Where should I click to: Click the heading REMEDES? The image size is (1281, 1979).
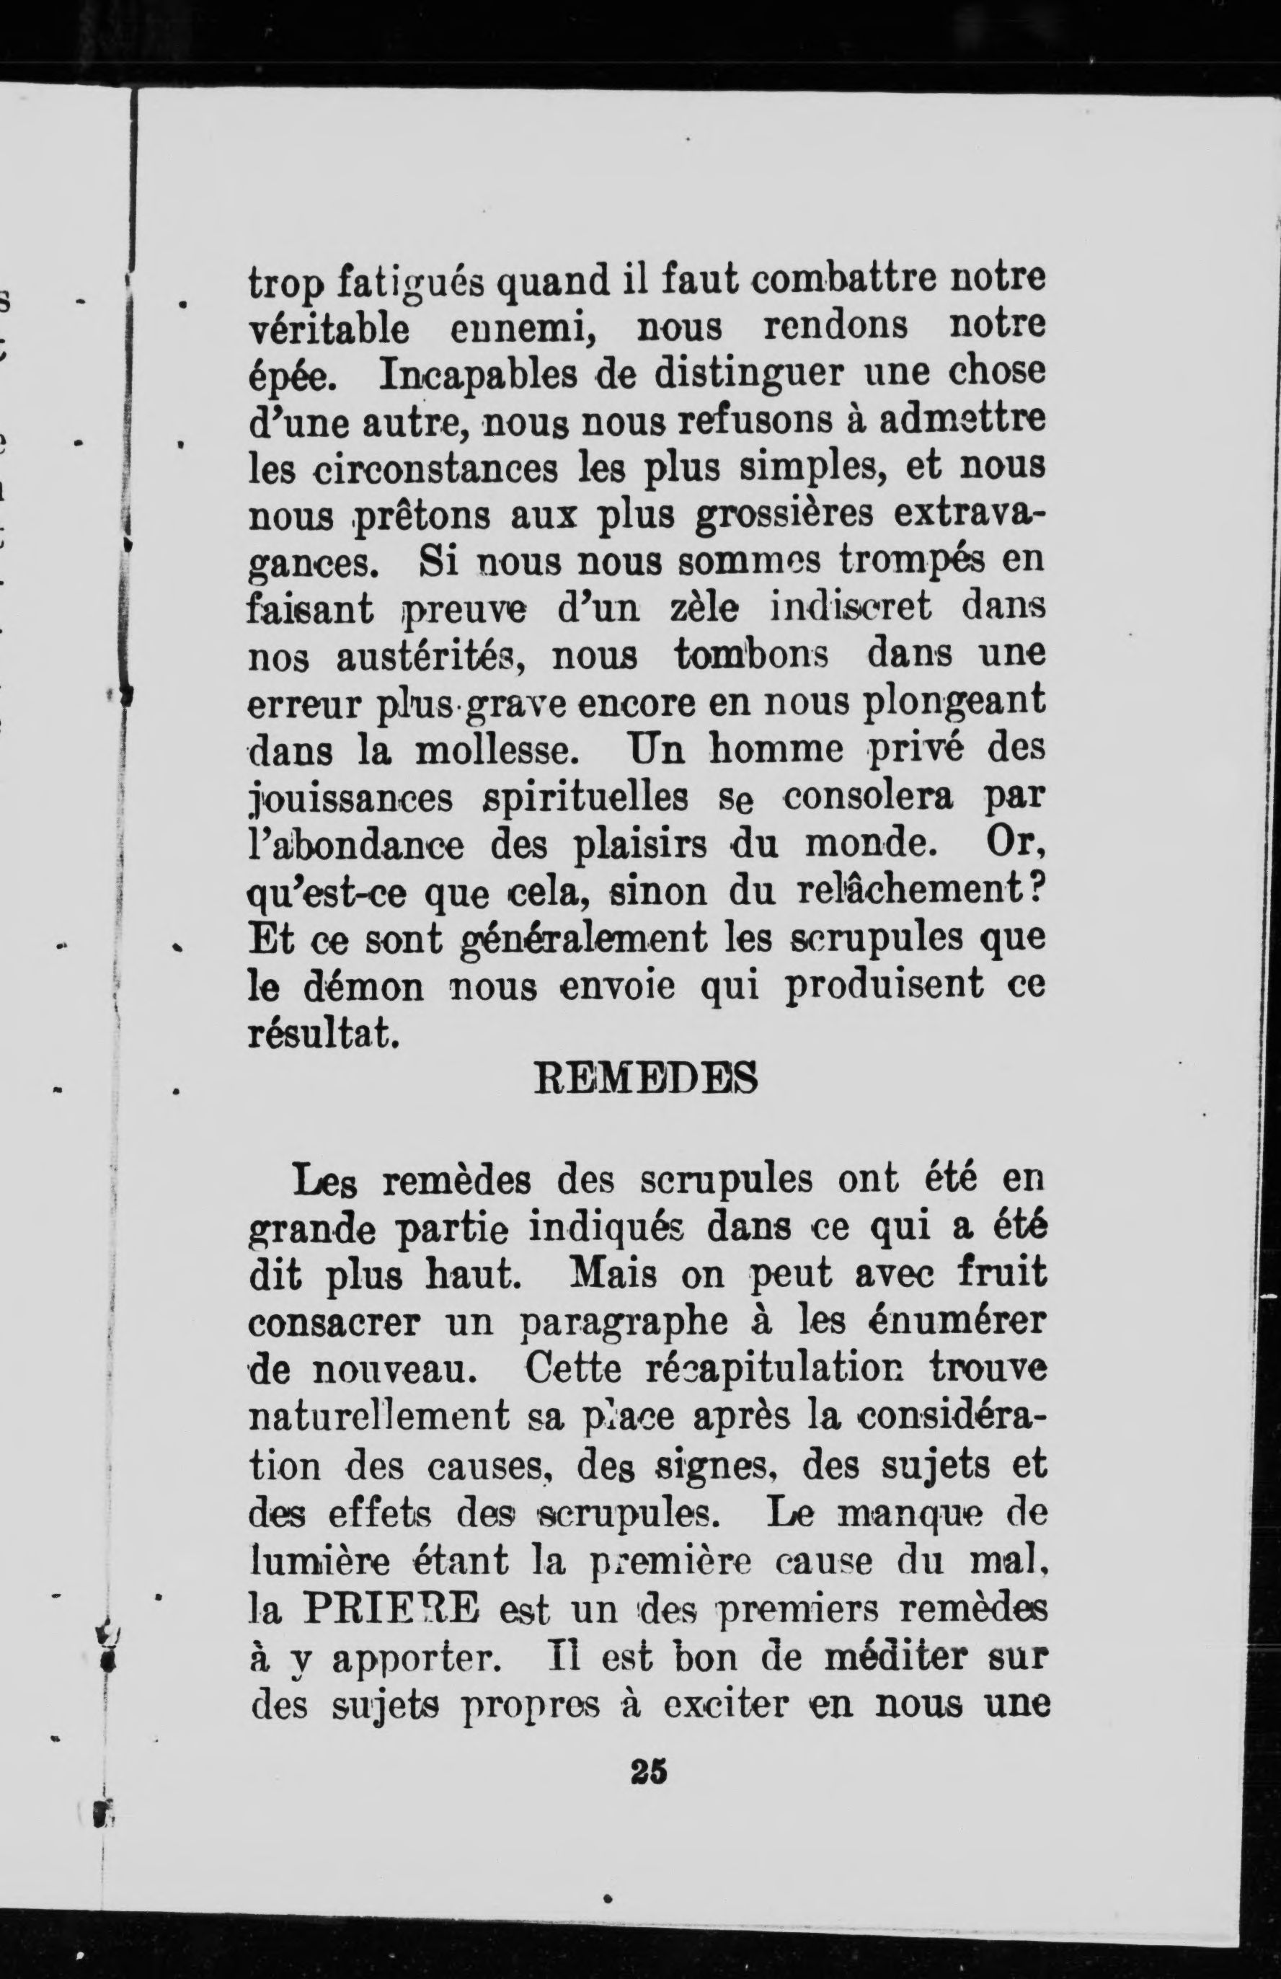coord(644,1079)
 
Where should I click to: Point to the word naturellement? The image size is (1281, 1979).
coord(379,1417)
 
